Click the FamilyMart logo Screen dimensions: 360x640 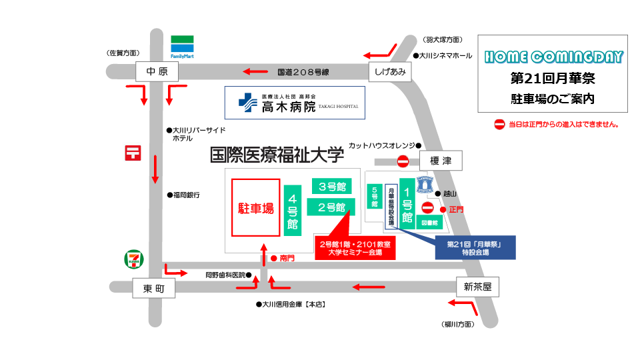click(181, 46)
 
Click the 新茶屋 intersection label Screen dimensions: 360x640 click(477, 287)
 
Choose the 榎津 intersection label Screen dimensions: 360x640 click(441, 161)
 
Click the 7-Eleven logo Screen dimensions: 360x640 click(133, 259)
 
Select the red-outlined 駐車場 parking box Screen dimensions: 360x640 click(255, 207)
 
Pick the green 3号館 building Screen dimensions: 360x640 click(331, 186)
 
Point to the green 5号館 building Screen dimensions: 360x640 click(375, 198)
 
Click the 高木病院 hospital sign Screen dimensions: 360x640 click(294, 103)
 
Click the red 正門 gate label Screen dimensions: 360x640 click(456, 209)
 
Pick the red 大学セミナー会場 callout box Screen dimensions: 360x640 click(355, 248)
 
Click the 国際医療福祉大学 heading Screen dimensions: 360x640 click(277, 156)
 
